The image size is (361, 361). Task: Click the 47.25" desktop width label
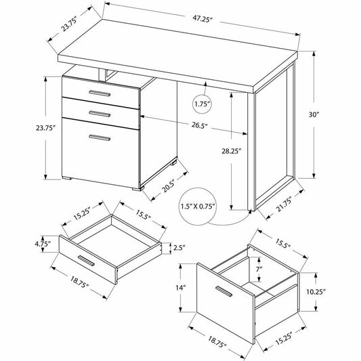click(202, 19)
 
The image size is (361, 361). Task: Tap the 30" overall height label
click(314, 114)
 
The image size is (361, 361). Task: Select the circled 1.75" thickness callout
click(202, 104)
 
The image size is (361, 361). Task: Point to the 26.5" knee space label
click(200, 125)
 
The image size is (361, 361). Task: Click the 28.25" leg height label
click(231, 151)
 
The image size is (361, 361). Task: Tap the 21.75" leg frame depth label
click(284, 205)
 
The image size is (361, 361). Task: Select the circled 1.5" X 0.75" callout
click(198, 207)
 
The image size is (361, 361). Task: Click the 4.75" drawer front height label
click(43, 244)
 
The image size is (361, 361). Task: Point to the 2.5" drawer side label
click(179, 248)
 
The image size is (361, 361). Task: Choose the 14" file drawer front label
click(181, 288)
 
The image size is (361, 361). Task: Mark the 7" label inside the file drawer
click(259, 269)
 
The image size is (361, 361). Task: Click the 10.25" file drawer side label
click(316, 292)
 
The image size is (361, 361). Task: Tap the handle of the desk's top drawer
click(100, 93)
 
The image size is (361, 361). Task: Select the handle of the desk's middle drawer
click(100, 114)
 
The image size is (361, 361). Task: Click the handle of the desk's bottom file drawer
click(100, 137)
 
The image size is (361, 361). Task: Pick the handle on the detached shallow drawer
click(86, 261)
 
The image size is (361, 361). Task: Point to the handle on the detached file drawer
click(224, 291)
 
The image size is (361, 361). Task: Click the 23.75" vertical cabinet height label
click(46, 128)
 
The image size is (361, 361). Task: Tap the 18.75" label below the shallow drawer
click(80, 282)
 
